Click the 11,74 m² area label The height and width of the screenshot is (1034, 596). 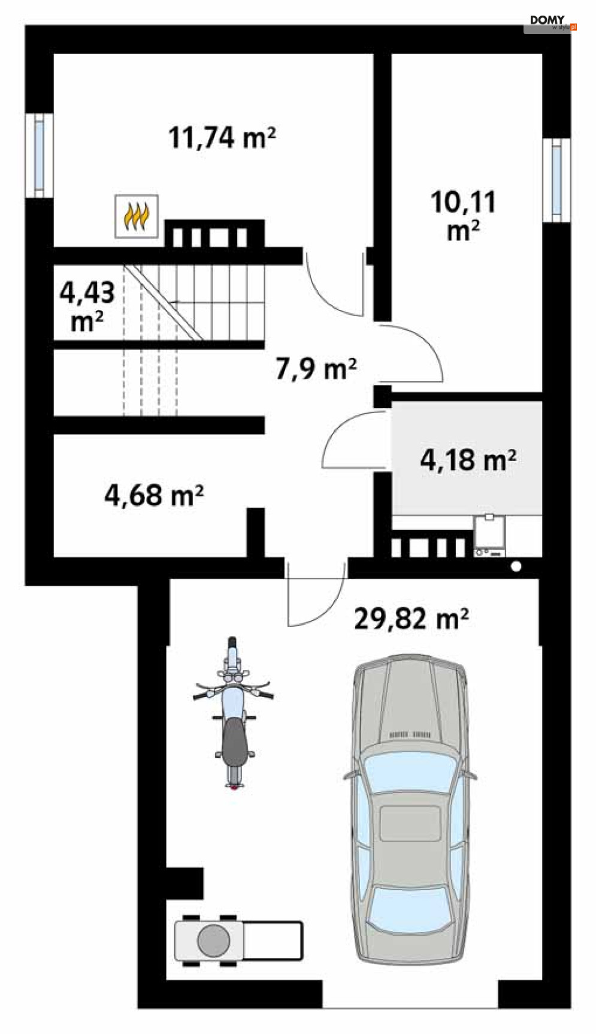[222, 137]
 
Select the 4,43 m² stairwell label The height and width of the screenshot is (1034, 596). [87, 306]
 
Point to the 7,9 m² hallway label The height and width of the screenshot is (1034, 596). [316, 368]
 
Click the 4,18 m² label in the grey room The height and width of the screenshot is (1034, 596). [468, 460]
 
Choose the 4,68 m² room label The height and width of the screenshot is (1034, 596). [154, 495]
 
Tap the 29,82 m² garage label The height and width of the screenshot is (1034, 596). [412, 618]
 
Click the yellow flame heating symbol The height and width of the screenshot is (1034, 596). [137, 216]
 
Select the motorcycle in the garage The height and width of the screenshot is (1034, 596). [234, 713]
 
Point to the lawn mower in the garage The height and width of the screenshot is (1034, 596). [238, 940]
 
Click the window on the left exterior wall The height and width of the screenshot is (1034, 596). [39, 155]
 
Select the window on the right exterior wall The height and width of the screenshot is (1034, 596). [556, 180]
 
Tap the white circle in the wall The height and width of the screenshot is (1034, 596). [516, 566]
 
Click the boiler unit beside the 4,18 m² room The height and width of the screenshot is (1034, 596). [490, 535]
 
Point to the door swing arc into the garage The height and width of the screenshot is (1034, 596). [316, 595]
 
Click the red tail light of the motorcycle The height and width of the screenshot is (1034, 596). [234, 787]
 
